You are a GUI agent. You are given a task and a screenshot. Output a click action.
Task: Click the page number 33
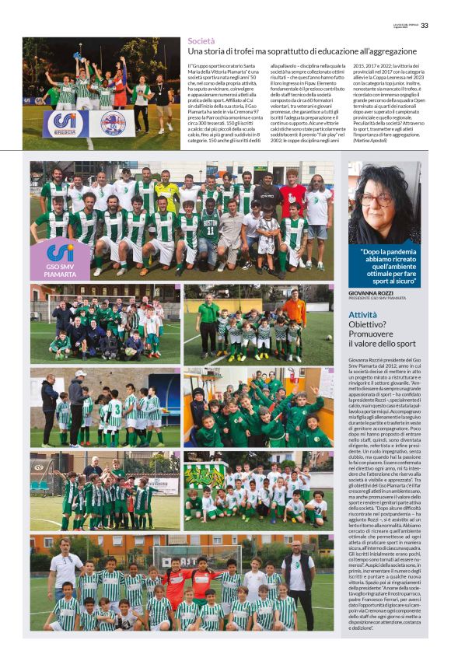coord(424,25)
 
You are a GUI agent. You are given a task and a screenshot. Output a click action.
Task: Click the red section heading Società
coord(201,40)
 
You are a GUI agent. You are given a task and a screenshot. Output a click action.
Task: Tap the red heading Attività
coord(363,315)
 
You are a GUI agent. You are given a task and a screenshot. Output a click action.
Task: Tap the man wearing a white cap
coord(79,390)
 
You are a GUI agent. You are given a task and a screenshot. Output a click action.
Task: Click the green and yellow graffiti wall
coord(204,474)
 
